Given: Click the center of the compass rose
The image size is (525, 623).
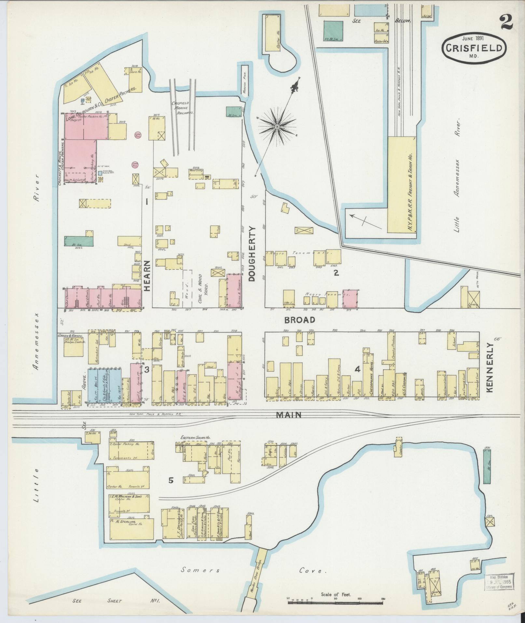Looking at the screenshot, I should (x=277, y=127).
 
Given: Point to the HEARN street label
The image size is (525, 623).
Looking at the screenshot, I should (x=147, y=276).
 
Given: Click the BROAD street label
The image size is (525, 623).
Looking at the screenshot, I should (x=300, y=320).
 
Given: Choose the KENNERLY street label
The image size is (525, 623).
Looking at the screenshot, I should (x=490, y=367).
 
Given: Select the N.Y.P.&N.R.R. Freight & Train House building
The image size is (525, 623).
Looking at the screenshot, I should (x=402, y=184).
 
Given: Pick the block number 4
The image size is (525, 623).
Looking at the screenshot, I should (x=358, y=369).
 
